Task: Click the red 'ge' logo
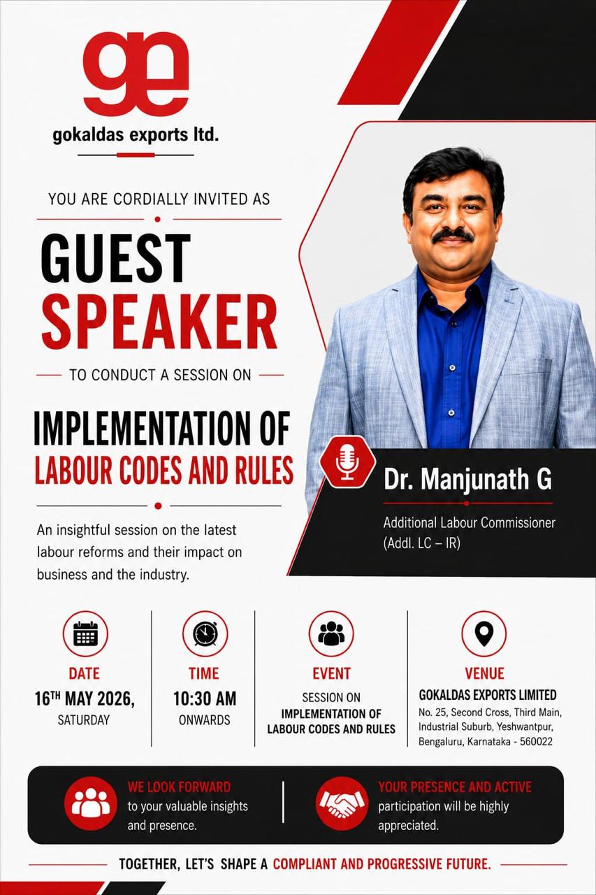(x=136, y=75)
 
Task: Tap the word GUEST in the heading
(x=115, y=258)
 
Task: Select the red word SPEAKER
(x=159, y=322)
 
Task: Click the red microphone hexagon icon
(x=347, y=461)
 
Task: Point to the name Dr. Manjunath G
(x=467, y=479)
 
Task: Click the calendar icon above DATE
(x=85, y=634)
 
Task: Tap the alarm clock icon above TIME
(x=205, y=634)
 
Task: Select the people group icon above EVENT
(x=331, y=634)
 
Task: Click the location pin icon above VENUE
(x=484, y=634)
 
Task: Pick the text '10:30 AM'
(x=205, y=699)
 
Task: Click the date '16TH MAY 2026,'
(x=85, y=699)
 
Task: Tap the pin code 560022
(x=536, y=742)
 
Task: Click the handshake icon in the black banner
(x=342, y=803)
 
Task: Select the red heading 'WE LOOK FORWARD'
(x=180, y=787)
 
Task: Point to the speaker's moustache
(x=453, y=236)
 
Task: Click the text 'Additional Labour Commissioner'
(x=470, y=522)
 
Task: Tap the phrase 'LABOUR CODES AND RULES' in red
(x=164, y=470)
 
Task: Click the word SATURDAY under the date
(x=84, y=720)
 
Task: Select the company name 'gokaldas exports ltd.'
(x=136, y=135)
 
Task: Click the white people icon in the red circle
(x=91, y=803)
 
